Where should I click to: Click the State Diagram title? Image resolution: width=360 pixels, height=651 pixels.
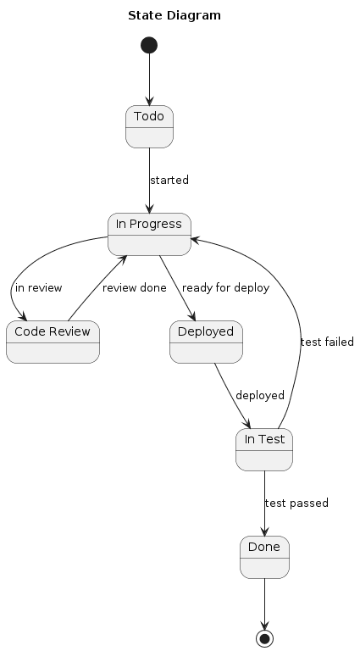174,15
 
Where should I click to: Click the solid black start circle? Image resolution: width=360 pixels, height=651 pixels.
149,44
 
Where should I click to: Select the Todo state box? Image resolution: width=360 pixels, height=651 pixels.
149,127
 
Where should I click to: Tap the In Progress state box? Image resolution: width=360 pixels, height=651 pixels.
149,234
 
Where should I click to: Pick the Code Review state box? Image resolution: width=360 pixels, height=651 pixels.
53,342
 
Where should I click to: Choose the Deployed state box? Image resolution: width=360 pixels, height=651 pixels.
206,342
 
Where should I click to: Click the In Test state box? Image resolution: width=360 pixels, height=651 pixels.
264,449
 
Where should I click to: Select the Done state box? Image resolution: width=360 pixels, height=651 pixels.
264,557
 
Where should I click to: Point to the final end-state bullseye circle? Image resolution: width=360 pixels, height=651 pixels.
264,637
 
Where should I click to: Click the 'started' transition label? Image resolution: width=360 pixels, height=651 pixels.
169,181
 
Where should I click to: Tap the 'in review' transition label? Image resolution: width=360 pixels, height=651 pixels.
39,288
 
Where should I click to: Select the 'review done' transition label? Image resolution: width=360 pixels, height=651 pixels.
135,288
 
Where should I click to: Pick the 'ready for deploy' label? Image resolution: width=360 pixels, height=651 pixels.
225,288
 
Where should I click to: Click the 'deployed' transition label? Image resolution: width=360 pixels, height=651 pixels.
260,396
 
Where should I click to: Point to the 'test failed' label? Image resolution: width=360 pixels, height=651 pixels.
327,342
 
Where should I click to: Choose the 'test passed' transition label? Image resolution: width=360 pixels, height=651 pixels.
296,504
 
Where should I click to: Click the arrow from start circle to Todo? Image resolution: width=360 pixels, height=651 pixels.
149,80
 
